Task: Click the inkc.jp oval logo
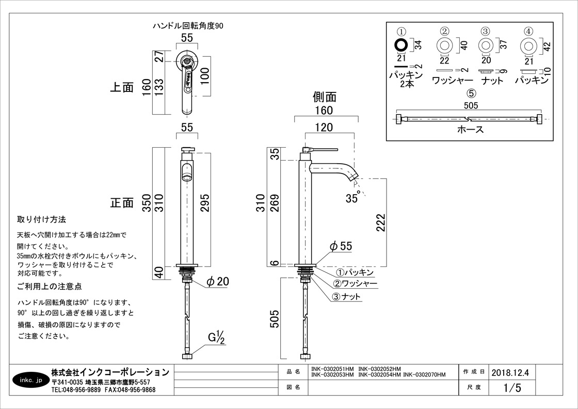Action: [x=30, y=381]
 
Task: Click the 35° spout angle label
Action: [x=353, y=198]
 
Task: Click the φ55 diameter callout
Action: [x=341, y=246]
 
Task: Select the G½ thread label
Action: [x=216, y=338]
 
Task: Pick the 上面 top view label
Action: [x=122, y=87]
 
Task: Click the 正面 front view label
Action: [x=122, y=202]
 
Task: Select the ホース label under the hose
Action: [x=470, y=130]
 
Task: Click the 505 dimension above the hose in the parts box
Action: [x=471, y=106]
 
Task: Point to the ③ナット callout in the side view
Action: [x=346, y=296]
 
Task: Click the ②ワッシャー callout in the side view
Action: [x=355, y=284]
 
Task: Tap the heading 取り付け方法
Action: [x=42, y=219]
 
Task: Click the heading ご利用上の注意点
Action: [x=50, y=286]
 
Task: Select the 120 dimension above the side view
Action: [x=324, y=127]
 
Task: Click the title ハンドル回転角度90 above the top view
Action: [x=188, y=25]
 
